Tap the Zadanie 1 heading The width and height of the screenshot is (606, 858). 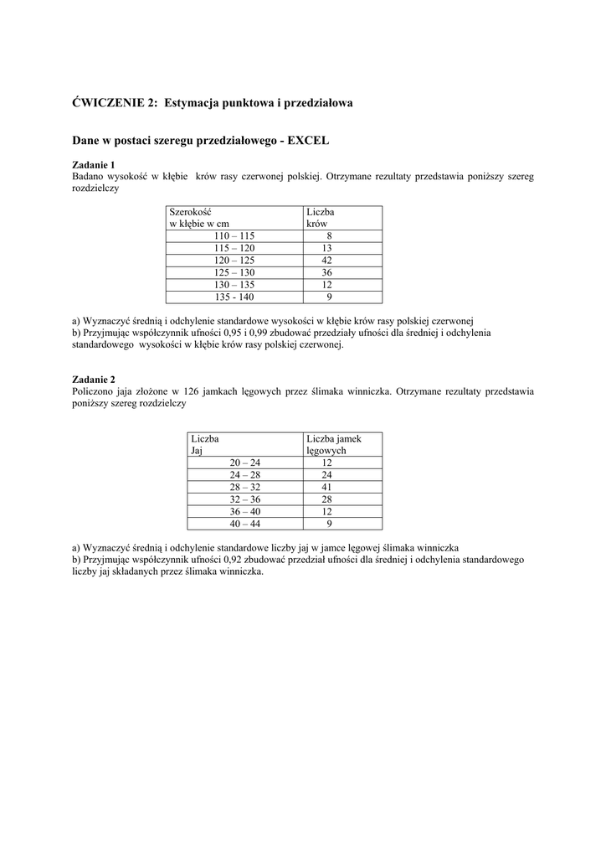(x=94, y=165)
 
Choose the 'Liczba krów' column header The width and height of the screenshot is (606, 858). (x=321, y=218)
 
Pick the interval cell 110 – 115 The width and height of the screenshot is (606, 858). (x=234, y=236)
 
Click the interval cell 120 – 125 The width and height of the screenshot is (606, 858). (x=234, y=261)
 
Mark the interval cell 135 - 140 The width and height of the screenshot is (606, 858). (x=234, y=297)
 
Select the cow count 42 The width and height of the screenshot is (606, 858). (x=326, y=261)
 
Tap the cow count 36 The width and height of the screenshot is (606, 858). (x=326, y=273)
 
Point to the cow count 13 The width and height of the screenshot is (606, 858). (x=326, y=249)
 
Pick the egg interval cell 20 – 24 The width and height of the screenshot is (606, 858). (x=245, y=463)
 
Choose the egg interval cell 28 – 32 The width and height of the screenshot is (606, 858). (x=245, y=487)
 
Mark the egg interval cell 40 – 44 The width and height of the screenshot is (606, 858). (x=245, y=524)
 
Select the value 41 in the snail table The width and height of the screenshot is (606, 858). (x=326, y=487)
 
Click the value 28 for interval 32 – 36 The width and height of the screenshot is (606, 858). (x=326, y=499)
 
